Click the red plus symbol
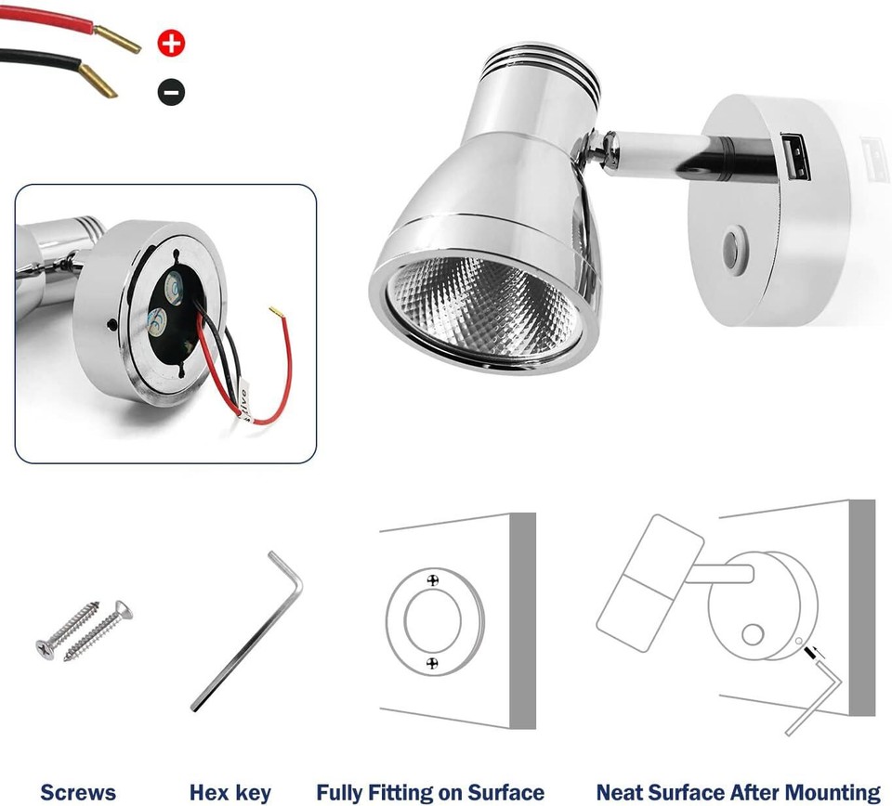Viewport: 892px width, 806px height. [x=172, y=42]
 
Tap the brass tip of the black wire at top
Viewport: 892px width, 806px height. [x=99, y=83]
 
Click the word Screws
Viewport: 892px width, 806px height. [x=78, y=792]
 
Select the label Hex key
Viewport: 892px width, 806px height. [x=230, y=792]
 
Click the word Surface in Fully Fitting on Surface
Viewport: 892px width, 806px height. [x=503, y=792]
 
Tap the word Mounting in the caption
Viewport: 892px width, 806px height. [x=829, y=792]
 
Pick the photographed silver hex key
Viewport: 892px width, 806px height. [x=246, y=631]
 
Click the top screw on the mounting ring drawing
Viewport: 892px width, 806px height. [x=432, y=580]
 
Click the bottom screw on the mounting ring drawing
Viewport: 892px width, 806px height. [x=432, y=662]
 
